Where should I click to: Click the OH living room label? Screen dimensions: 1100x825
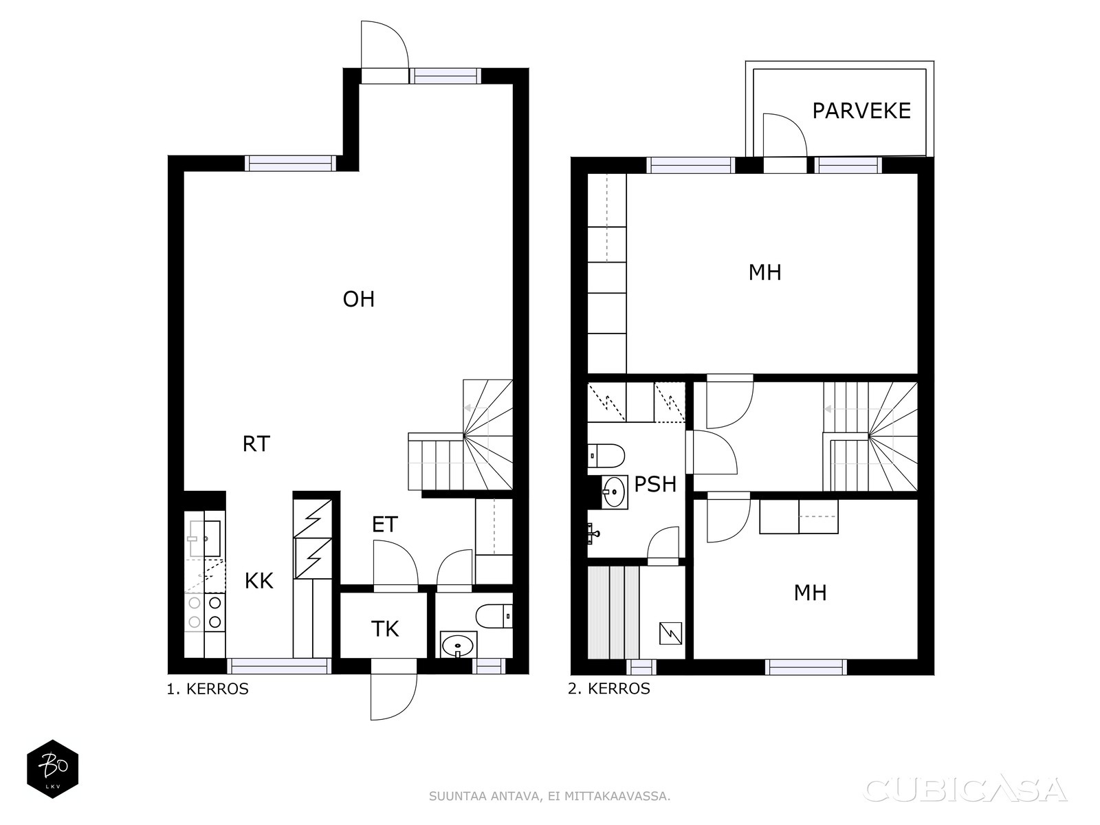pyautogui.click(x=358, y=299)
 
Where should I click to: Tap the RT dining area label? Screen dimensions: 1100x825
pyautogui.click(x=256, y=444)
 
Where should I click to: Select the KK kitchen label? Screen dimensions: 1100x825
pyautogui.click(x=259, y=581)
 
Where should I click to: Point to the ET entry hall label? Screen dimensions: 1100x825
pyautogui.click(x=385, y=525)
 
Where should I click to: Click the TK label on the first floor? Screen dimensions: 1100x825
pyautogui.click(x=385, y=628)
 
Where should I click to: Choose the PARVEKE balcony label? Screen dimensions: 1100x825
pyautogui.click(x=861, y=111)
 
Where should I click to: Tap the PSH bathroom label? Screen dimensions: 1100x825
pyautogui.click(x=655, y=484)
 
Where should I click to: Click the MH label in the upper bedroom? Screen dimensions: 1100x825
pyautogui.click(x=764, y=272)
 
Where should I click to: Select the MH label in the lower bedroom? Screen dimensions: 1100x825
pyautogui.click(x=811, y=593)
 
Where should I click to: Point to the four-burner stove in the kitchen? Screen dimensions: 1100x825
pyautogui.click(x=204, y=612)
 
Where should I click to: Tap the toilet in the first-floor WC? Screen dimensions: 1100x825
pyautogui.click(x=494, y=615)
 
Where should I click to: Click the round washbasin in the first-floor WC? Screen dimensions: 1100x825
pyautogui.click(x=458, y=645)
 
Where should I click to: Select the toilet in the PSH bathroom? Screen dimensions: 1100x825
pyautogui.click(x=606, y=456)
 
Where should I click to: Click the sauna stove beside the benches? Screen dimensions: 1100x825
pyautogui.click(x=670, y=633)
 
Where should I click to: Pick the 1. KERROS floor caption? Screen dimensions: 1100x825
pyautogui.click(x=208, y=689)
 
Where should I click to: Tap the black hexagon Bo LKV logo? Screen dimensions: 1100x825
pyautogui.click(x=53, y=769)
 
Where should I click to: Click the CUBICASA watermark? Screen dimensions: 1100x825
pyautogui.click(x=965, y=789)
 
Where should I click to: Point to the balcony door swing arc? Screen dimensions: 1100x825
pyautogui.click(x=794, y=125)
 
